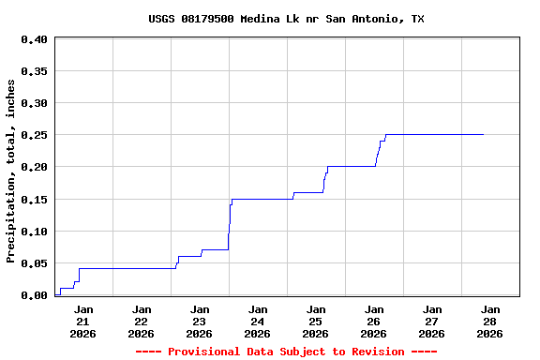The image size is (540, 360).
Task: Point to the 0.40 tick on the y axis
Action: point(34,39)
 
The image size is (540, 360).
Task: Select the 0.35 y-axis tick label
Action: point(34,71)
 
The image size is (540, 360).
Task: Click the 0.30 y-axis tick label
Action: point(34,103)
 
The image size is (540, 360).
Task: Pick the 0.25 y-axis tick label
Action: point(34,135)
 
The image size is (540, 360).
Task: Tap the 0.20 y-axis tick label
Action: point(34,167)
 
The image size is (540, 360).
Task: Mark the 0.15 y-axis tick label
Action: point(34,200)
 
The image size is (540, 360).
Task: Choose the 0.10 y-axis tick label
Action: point(34,232)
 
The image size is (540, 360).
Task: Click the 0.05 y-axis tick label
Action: point(34,263)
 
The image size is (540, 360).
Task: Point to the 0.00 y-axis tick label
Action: point(34,295)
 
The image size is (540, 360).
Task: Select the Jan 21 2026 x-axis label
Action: point(83,321)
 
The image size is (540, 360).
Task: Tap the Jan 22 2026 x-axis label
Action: point(142,321)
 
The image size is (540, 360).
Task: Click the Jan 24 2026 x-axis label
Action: point(258,321)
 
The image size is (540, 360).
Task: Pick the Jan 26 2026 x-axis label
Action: point(374,321)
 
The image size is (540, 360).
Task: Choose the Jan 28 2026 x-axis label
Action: point(490,321)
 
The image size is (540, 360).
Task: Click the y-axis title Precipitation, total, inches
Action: point(11,171)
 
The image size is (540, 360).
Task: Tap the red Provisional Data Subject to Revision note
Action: point(286,352)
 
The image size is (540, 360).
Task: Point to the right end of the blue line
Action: point(483,134)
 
